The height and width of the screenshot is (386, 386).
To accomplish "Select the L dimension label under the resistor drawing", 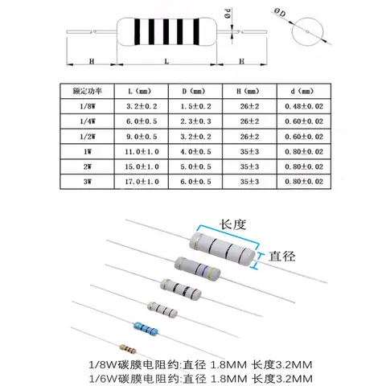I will tap(166, 61).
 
